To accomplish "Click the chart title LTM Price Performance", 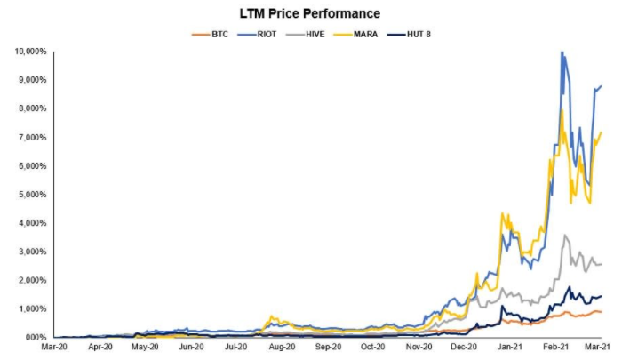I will click(x=310, y=13).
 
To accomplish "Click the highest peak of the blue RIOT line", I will click(x=562, y=52).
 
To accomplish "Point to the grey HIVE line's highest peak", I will click(x=565, y=235).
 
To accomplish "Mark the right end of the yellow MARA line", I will click(x=602, y=132).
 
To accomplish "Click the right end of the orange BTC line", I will click(x=602, y=312).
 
